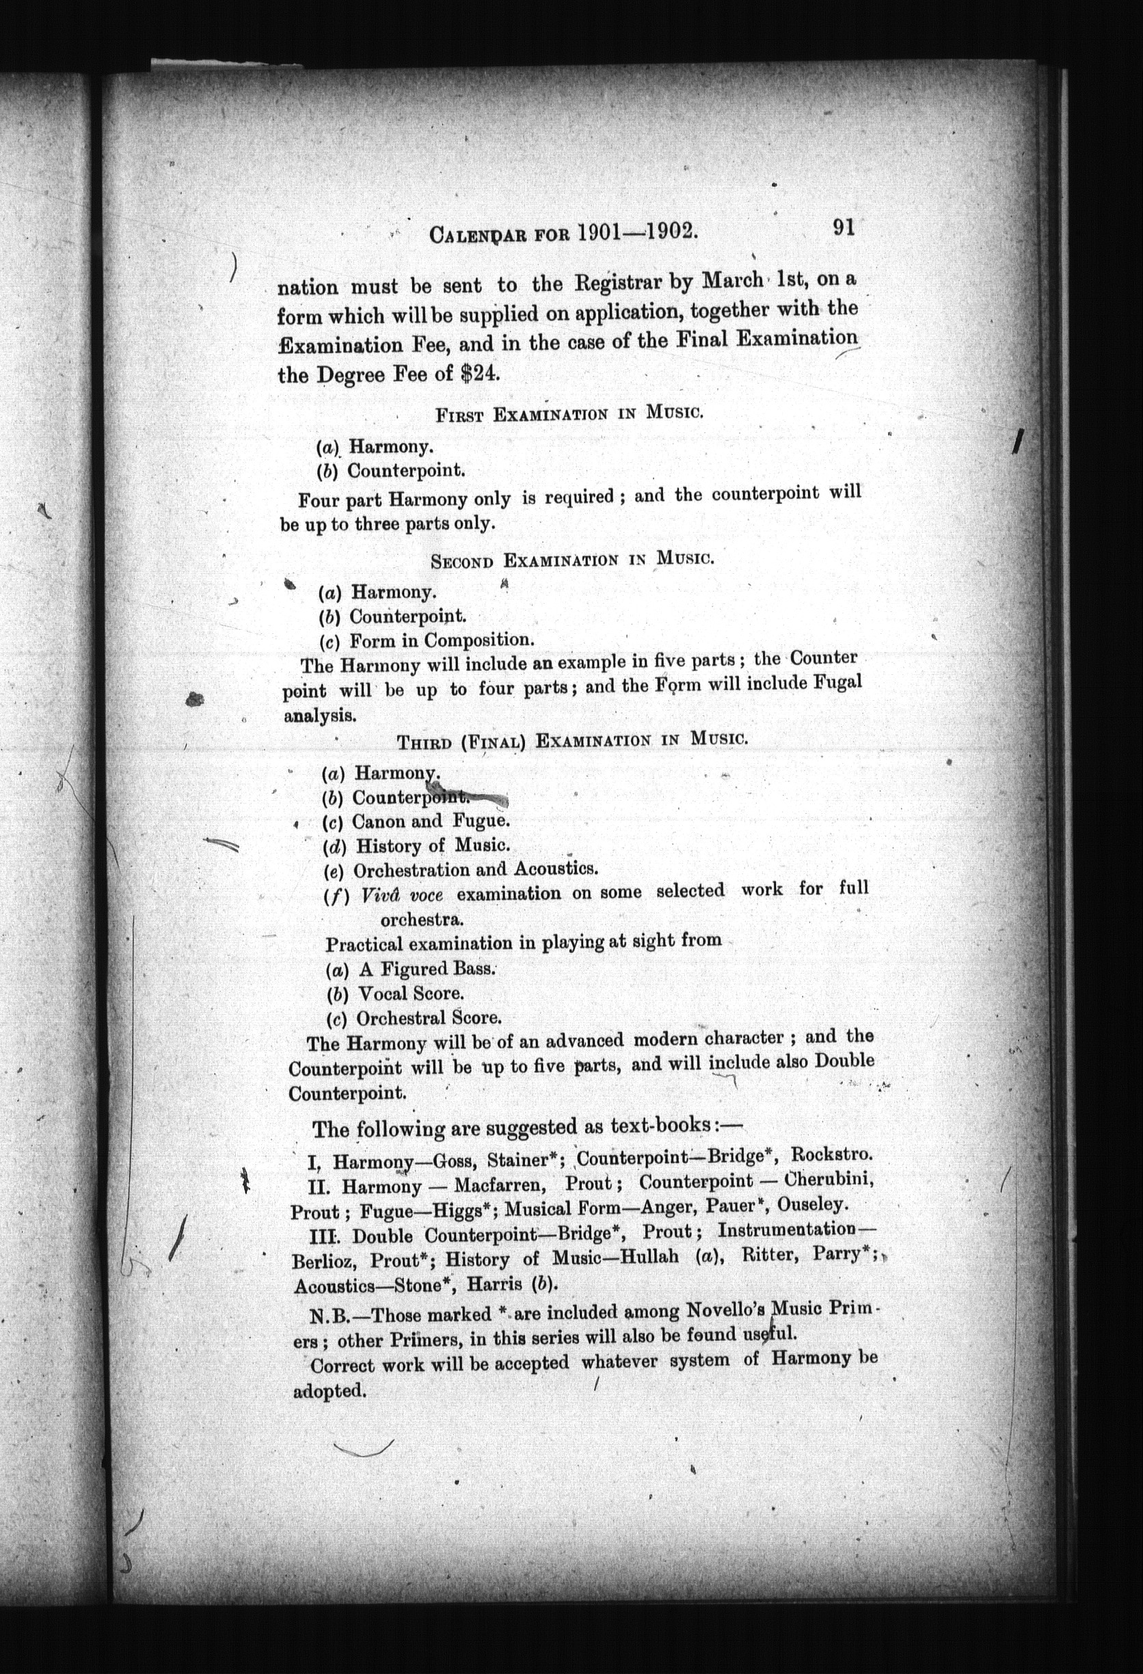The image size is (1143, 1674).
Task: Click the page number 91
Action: click(x=843, y=228)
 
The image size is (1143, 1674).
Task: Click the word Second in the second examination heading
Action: click(x=461, y=561)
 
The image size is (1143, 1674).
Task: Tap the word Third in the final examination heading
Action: click(x=425, y=743)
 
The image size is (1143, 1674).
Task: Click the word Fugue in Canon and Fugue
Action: click(x=481, y=821)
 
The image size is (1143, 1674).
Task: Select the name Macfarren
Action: click(x=499, y=1184)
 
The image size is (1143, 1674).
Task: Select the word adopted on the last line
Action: click(x=329, y=1390)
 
